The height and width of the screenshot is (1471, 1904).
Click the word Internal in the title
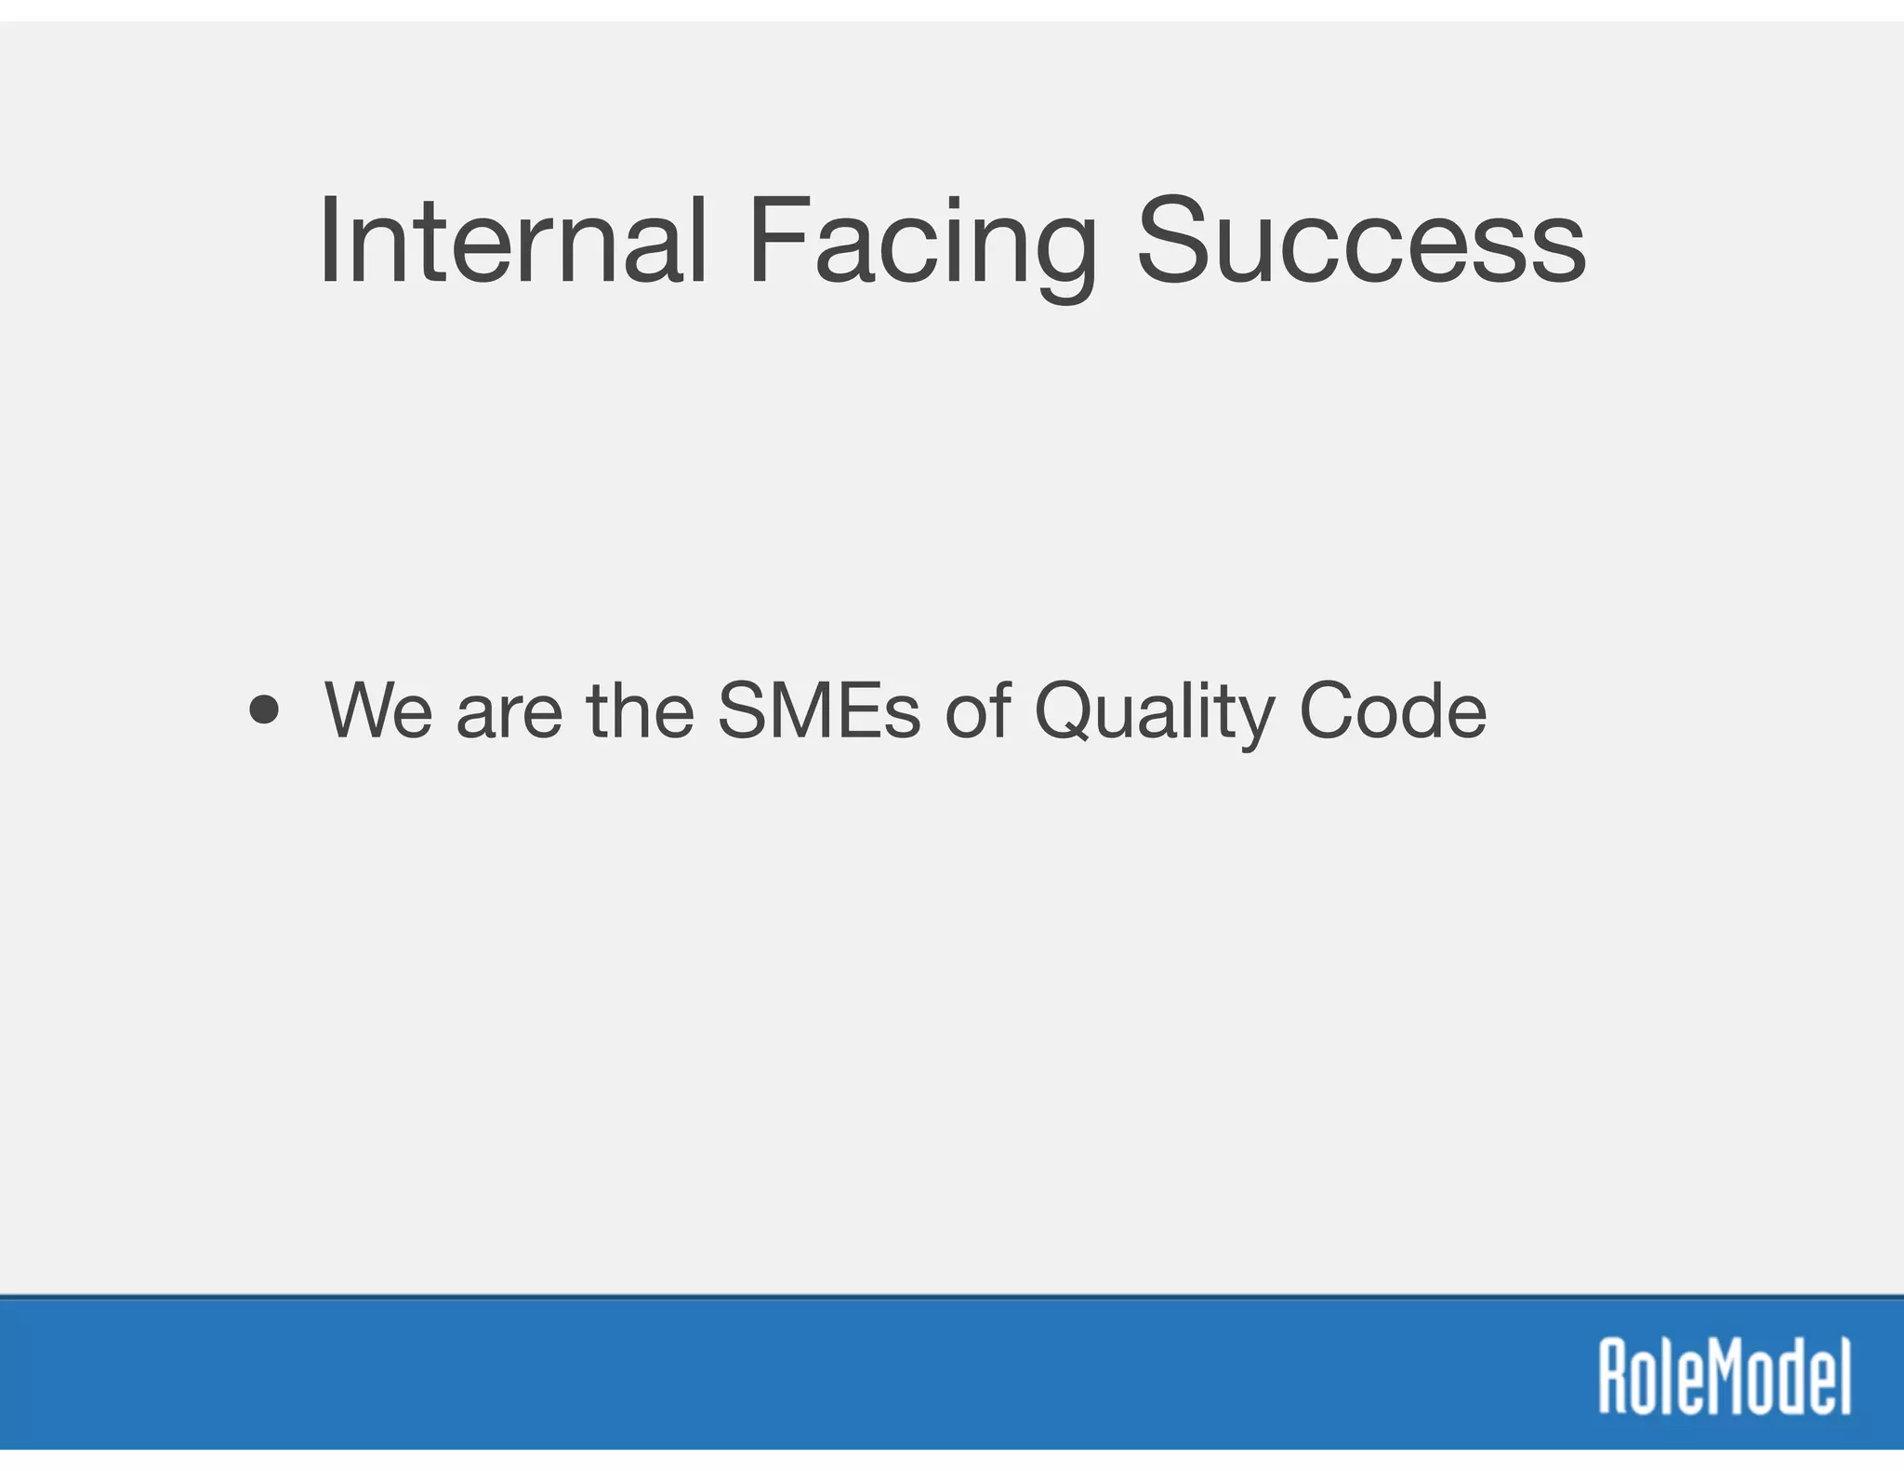[x=512, y=241]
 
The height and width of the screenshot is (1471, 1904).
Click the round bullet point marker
[x=264, y=710]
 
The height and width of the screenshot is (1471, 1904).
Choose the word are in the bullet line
[x=509, y=712]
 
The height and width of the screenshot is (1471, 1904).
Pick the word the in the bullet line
[x=640, y=710]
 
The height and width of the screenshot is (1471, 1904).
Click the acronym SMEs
[x=818, y=710]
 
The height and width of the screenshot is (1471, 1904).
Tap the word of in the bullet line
[x=977, y=710]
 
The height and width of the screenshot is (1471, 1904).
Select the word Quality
[x=1154, y=712]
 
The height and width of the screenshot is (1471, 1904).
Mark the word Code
[x=1392, y=710]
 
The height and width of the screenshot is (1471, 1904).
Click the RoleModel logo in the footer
[x=1725, y=1376]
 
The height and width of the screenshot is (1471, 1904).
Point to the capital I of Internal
[x=328, y=241]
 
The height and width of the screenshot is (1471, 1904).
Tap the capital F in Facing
[x=775, y=241]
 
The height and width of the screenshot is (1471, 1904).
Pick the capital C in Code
[x=1331, y=710]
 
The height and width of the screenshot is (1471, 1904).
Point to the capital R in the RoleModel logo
[x=1614, y=1376]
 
